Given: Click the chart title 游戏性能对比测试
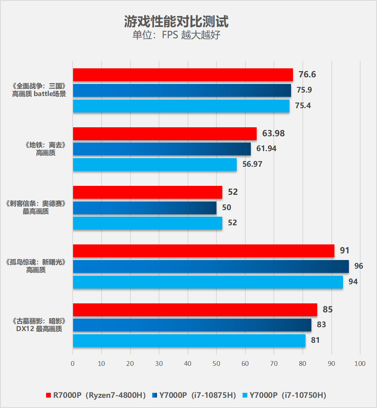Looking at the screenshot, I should [x=176, y=21].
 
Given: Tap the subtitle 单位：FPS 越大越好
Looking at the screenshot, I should [x=176, y=35].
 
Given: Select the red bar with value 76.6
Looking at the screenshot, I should [x=183, y=75].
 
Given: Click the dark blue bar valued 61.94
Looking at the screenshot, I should [x=162, y=149].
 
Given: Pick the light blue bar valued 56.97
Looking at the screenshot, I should [x=155, y=164].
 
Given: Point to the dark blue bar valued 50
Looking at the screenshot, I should [x=145, y=208].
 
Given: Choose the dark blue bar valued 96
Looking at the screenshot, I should [x=211, y=266].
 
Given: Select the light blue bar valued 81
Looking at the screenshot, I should [x=189, y=340].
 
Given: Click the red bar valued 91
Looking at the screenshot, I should [x=204, y=251].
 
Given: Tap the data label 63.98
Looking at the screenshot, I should [x=273, y=134].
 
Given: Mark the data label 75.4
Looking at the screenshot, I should [x=304, y=105].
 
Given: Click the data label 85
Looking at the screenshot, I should [x=328, y=310].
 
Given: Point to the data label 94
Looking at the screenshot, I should [x=353, y=282].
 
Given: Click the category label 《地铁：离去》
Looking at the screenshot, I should [x=46, y=145].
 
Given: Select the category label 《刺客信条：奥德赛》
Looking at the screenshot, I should [x=36, y=204].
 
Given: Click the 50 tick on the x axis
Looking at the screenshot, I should [x=216, y=364].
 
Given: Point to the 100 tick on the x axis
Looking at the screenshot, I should [x=360, y=364].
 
